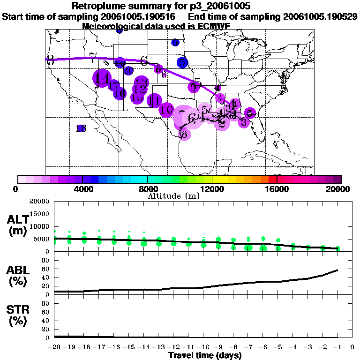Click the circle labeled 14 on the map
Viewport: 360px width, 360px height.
(x=102, y=79)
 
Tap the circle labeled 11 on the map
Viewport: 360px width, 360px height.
(x=154, y=101)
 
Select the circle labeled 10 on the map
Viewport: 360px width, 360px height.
(x=166, y=110)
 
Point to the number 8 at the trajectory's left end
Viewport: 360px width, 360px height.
(x=50, y=60)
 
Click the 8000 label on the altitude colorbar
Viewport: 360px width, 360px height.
(x=147, y=189)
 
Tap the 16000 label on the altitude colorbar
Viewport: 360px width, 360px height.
(x=277, y=189)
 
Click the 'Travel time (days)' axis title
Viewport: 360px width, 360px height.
(x=205, y=355)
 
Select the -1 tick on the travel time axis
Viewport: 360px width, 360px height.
(x=337, y=347)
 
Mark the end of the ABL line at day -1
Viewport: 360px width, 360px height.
(x=338, y=270)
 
